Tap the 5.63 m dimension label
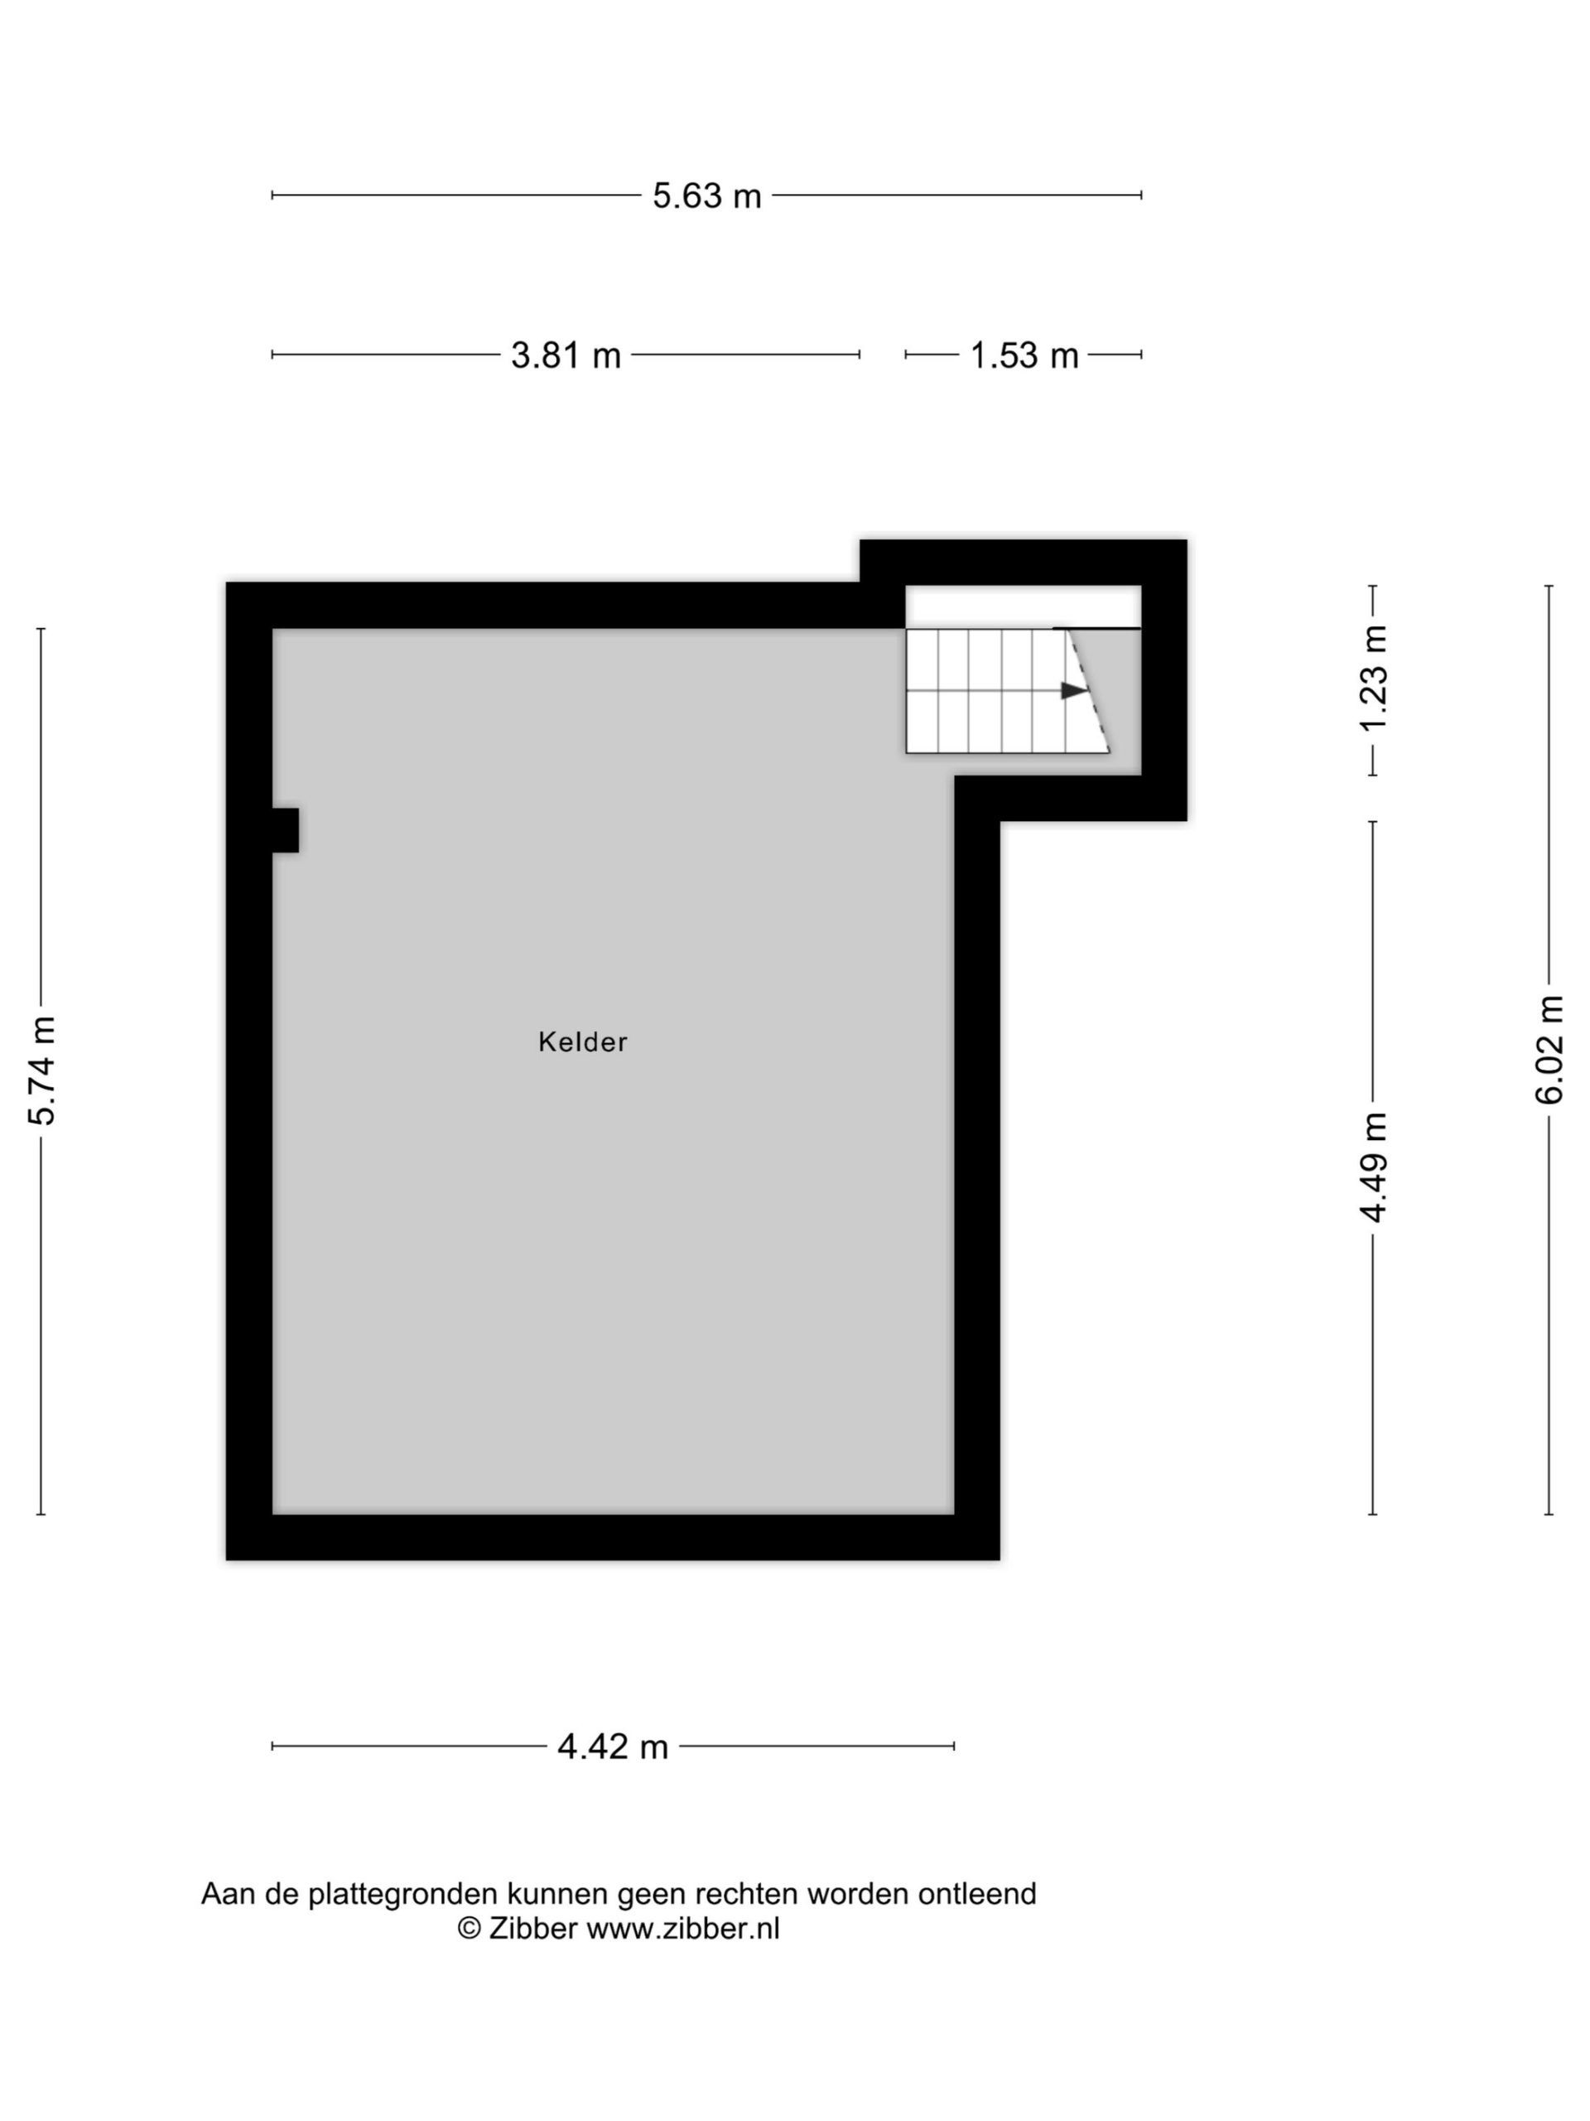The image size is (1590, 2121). (706, 196)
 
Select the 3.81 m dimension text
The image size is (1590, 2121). (566, 355)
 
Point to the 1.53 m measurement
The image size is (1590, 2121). (1024, 355)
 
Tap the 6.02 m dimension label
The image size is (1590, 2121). (1549, 1050)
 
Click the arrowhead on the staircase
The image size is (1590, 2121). (1073, 690)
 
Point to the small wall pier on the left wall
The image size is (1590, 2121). (285, 829)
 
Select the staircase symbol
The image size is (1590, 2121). (1007, 690)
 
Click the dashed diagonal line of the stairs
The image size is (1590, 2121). (1089, 690)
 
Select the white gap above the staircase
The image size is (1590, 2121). (1024, 606)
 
